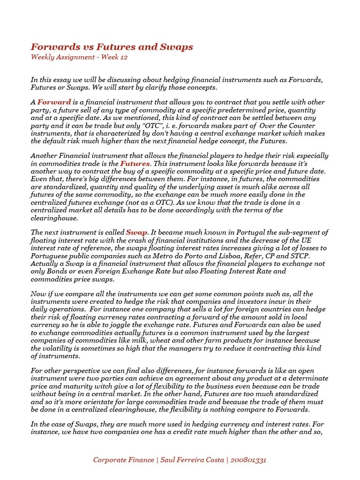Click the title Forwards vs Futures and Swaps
(x=112, y=47)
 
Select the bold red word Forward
(x=54, y=102)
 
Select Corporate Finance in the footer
(x=123, y=460)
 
